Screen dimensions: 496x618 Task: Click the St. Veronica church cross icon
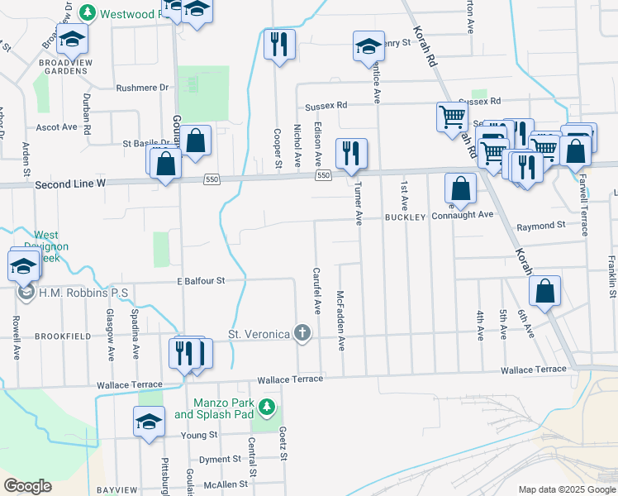point(303,334)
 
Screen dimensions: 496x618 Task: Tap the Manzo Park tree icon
point(266,406)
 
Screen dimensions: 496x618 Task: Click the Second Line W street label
point(70,186)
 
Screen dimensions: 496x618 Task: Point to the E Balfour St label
point(201,281)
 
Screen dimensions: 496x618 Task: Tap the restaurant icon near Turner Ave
point(351,154)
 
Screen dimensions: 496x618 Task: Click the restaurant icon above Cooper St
point(279,44)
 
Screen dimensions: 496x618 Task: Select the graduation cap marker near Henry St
point(368,46)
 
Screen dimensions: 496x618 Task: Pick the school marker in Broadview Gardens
point(72,39)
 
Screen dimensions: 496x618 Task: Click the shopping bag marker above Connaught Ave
point(460,188)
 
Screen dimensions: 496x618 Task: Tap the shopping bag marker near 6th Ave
point(545,291)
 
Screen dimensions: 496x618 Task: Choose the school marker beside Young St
point(150,422)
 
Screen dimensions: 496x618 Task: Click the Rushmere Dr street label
point(142,87)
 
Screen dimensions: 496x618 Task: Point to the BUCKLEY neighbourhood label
point(405,217)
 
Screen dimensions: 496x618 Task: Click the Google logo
point(27,486)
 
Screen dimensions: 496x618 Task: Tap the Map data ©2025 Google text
point(566,489)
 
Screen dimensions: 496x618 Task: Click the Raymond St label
point(541,225)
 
